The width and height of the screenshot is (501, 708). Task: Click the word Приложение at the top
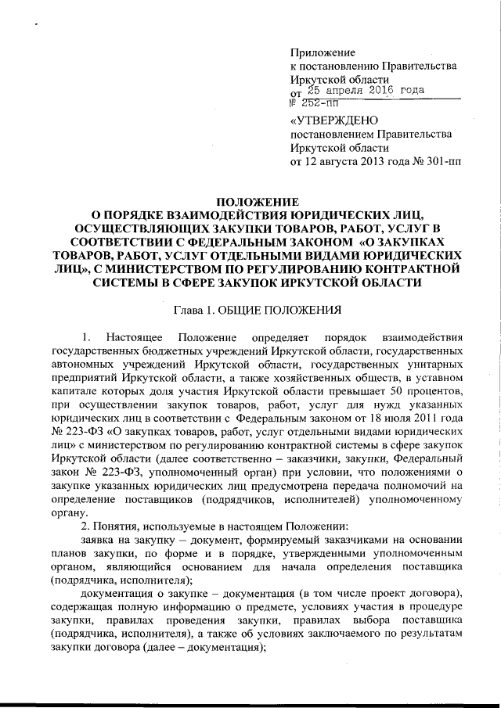[x=323, y=52]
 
